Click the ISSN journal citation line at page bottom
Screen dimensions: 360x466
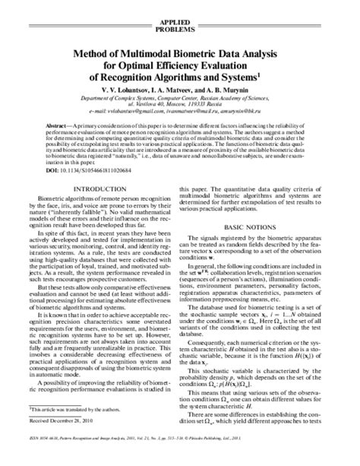pos(179,460)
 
